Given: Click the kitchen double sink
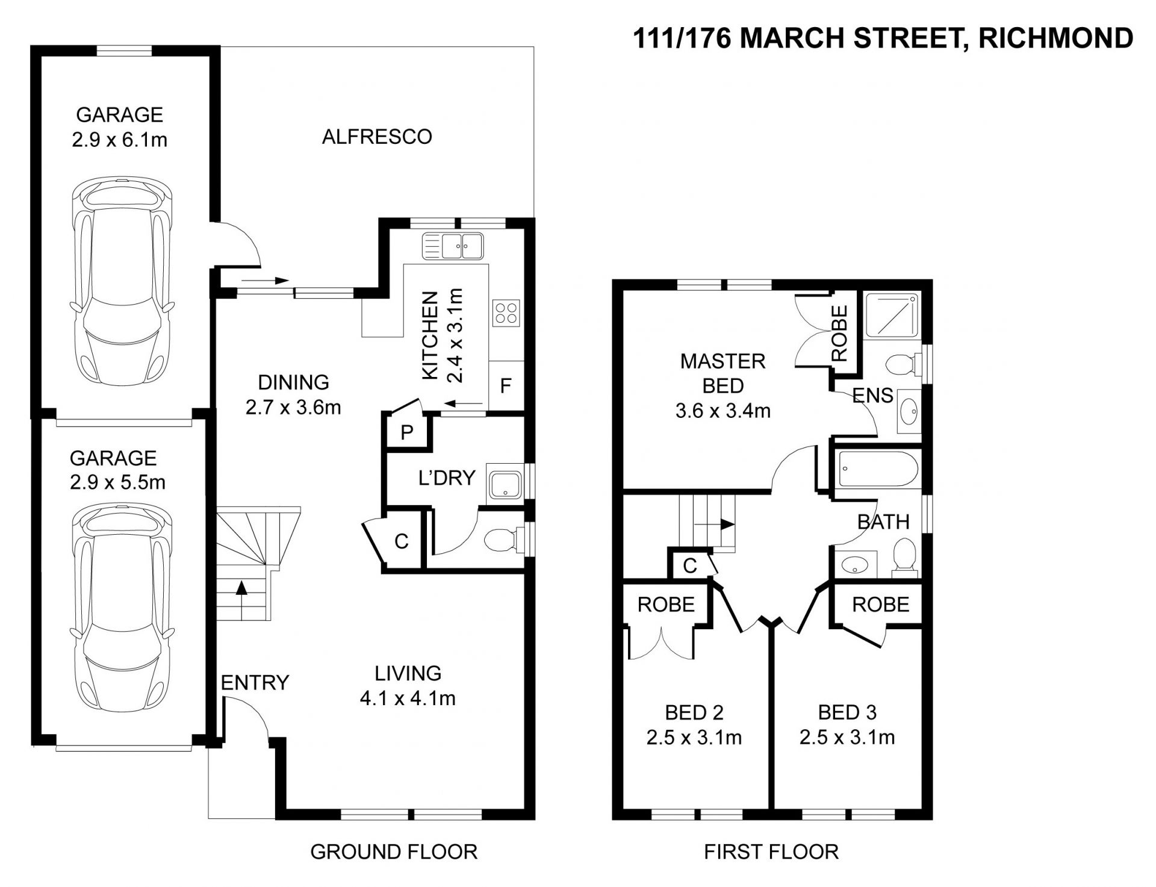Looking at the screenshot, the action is (x=454, y=246).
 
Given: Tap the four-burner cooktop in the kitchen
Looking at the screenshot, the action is (x=506, y=313).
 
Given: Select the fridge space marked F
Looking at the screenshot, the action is (x=506, y=385).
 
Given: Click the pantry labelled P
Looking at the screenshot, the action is (x=407, y=432).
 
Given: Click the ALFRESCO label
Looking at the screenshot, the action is (x=377, y=137).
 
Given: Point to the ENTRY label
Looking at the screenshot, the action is (x=255, y=682).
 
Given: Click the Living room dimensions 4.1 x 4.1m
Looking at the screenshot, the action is (x=408, y=699).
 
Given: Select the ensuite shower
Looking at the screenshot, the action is (x=892, y=316).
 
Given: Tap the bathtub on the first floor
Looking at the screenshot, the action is (x=878, y=470).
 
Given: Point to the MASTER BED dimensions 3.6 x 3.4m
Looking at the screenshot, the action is (x=723, y=411).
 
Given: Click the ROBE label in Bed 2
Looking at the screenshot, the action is (x=666, y=605).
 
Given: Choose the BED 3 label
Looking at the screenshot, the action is (x=847, y=713).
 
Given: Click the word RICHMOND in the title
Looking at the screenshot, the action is (x=1056, y=39).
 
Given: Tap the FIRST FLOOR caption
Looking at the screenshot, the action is (x=771, y=852).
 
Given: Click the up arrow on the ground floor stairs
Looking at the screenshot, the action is (x=241, y=600).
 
